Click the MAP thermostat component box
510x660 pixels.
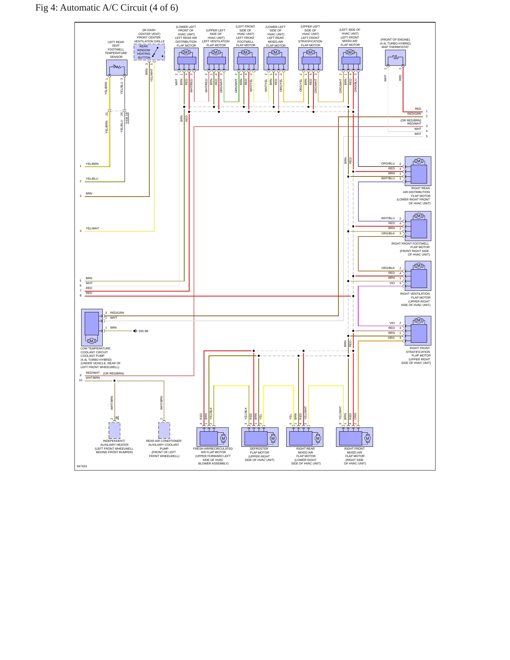click(x=395, y=58)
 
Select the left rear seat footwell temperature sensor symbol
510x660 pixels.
click(x=117, y=67)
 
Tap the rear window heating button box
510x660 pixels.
click(x=149, y=52)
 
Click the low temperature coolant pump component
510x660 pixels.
click(x=92, y=328)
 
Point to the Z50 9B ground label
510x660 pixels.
click(x=143, y=331)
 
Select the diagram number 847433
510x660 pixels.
click(x=82, y=466)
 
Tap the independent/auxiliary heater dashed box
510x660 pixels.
click(x=114, y=430)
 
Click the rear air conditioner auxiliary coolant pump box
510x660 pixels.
click(x=164, y=430)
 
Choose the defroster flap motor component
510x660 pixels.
click(x=260, y=437)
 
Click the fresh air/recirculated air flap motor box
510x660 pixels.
click(x=212, y=437)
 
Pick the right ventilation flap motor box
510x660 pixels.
click(x=418, y=276)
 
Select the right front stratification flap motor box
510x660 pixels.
click(x=418, y=331)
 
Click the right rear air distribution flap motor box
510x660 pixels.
click(x=418, y=171)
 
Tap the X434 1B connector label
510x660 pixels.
click(x=127, y=118)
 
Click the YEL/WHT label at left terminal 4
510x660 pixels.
click(x=92, y=228)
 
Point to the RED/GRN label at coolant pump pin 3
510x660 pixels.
click(x=117, y=313)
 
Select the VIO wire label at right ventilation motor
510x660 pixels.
click(x=392, y=283)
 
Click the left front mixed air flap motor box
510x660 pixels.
click(x=350, y=59)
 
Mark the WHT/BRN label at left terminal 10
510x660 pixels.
click(x=93, y=378)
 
